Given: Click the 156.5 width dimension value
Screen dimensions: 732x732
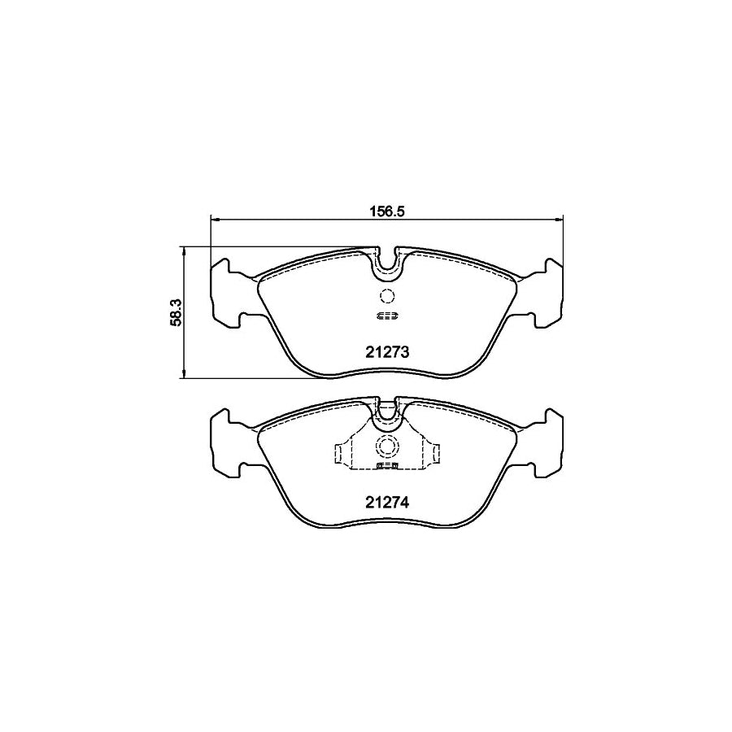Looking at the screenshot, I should click(x=386, y=209).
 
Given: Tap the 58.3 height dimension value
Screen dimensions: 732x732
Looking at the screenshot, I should click(x=173, y=312).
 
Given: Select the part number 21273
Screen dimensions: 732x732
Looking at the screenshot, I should click(x=386, y=353).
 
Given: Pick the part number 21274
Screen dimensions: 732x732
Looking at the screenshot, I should click(x=386, y=503).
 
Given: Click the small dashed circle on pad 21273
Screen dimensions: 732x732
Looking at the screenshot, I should click(x=386, y=297).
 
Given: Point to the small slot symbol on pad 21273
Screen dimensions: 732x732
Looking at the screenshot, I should click(x=386, y=316).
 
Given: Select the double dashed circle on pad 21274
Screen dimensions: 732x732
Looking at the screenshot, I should click(x=386, y=447).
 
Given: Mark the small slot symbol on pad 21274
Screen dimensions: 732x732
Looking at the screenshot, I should click(x=386, y=467).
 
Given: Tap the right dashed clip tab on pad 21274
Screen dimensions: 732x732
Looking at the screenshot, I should click(x=434, y=453).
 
